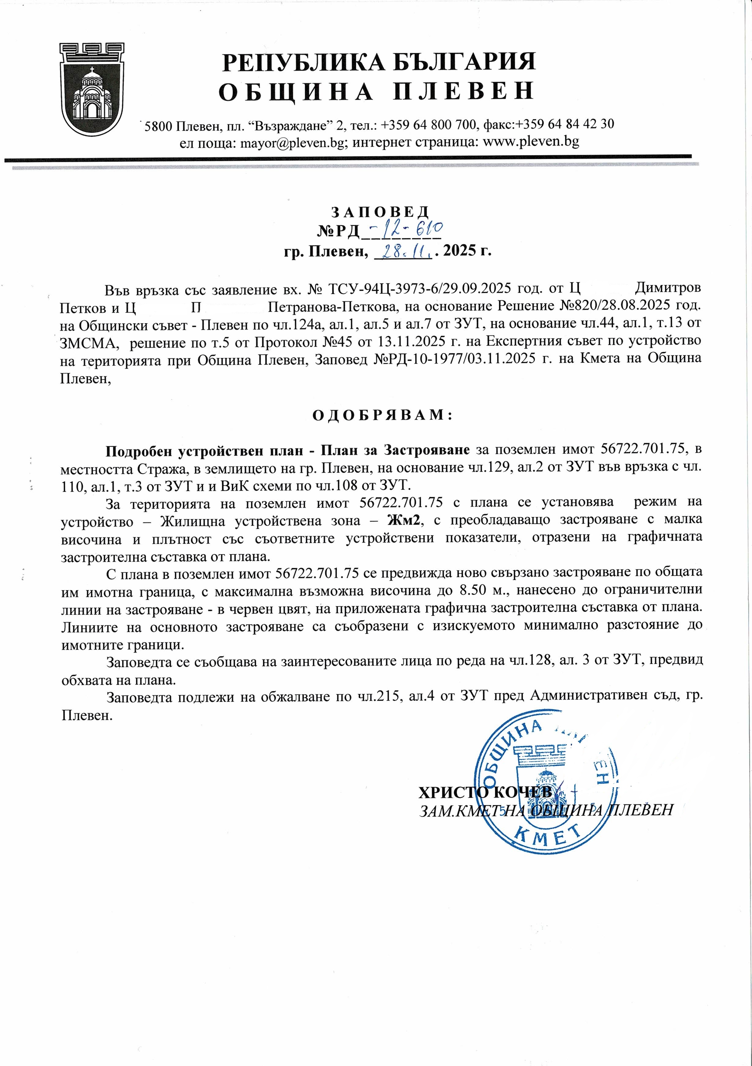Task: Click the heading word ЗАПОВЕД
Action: pyautogui.click(x=380, y=212)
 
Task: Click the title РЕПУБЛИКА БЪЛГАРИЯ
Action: pyautogui.click(x=379, y=62)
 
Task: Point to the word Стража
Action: pyautogui.click(x=162, y=468)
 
